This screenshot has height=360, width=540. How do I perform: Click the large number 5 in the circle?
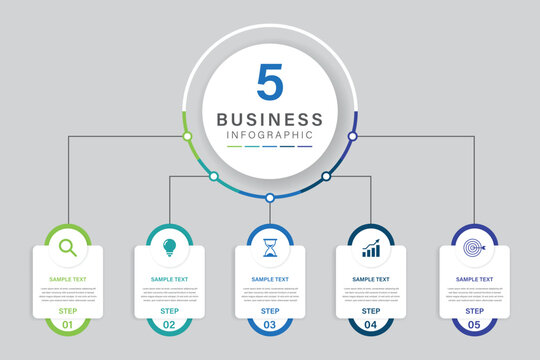269,83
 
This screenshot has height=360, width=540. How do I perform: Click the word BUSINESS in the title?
270,120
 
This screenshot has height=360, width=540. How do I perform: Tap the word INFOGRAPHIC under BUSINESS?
270,135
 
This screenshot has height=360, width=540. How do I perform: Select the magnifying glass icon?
68,247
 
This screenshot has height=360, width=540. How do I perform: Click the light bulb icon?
169,246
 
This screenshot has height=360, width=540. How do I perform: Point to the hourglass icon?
270,247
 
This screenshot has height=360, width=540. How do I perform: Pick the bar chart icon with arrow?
371,247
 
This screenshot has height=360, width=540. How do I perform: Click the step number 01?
68,325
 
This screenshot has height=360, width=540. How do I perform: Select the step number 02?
169,325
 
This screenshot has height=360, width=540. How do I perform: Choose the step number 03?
270,325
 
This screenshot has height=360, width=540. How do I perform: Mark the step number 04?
371,325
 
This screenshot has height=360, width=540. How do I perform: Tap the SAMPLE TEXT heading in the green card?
68,279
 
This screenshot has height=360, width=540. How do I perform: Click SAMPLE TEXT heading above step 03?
270,279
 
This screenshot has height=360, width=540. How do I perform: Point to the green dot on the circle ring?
186,135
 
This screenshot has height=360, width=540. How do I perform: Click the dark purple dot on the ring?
352,135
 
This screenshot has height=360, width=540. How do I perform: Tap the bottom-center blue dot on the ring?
269,197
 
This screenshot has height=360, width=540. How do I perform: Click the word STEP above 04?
371,311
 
